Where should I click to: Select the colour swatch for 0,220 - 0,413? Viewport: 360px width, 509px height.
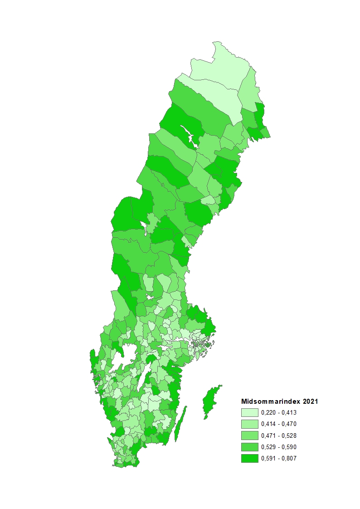(249, 412)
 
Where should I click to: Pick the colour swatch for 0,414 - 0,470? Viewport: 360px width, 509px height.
(249, 424)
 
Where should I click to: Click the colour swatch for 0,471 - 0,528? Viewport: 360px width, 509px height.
(249, 436)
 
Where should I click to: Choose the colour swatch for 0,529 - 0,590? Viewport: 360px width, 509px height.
(249, 447)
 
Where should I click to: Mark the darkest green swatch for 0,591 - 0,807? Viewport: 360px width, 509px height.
(249, 458)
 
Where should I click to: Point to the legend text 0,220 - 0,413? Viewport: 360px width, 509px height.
(279, 412)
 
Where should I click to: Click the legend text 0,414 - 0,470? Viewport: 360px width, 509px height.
(279, 424)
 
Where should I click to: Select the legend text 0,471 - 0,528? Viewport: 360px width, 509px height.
(279, 436)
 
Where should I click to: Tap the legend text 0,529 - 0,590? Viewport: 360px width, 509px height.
(279, 447)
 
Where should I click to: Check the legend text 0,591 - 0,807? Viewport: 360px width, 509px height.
(279, 458)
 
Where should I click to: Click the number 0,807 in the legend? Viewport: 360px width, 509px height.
(289, 458)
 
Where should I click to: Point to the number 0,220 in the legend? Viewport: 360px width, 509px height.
(268, 412)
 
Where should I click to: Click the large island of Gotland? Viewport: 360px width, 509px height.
(210, 401)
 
